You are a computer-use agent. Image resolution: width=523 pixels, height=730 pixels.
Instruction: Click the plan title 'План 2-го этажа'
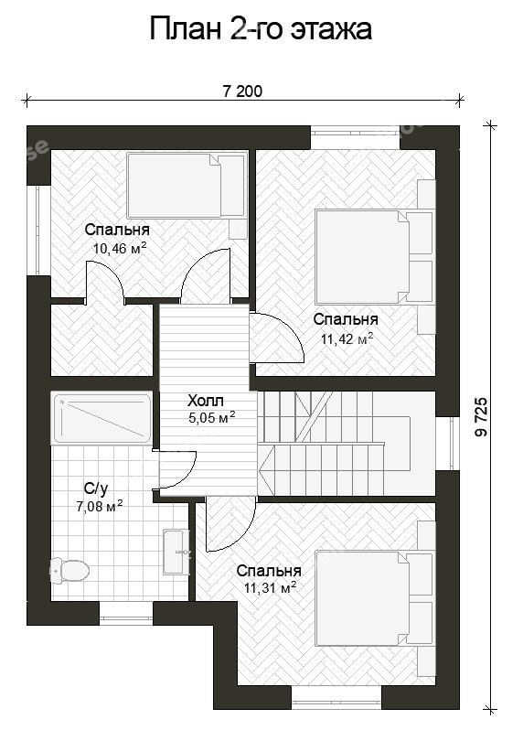pos(261,29)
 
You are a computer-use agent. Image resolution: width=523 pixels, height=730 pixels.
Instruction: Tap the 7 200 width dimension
pos(242,91)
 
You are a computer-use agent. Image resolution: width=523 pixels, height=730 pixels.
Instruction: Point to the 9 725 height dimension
pos(482,416)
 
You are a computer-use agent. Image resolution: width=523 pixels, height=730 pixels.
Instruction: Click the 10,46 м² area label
pos(120,248)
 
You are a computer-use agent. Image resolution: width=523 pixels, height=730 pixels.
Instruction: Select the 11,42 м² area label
pos(347,338)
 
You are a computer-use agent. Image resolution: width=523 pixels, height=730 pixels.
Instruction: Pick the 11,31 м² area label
pos(271,588)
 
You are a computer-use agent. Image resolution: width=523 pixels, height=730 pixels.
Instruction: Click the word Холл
pos(206,401)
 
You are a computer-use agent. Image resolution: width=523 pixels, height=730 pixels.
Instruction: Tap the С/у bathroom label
pos(96,488)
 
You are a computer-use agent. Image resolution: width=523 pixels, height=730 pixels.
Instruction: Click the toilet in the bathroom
pos(69,570)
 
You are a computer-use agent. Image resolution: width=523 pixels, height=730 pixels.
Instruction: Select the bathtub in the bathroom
pos(101,418)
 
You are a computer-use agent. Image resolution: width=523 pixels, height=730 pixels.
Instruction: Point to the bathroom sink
pos(176,552)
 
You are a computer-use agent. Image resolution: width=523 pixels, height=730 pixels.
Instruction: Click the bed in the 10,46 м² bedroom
pos(187,186)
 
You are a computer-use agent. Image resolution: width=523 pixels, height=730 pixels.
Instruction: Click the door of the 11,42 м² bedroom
pos(276,338)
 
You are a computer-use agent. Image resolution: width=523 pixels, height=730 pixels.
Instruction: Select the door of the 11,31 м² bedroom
pos(231,524)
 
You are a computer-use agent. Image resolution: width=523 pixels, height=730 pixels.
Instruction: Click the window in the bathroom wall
pos(126,613)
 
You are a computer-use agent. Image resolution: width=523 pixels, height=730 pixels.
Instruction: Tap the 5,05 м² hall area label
pos(212,417)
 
